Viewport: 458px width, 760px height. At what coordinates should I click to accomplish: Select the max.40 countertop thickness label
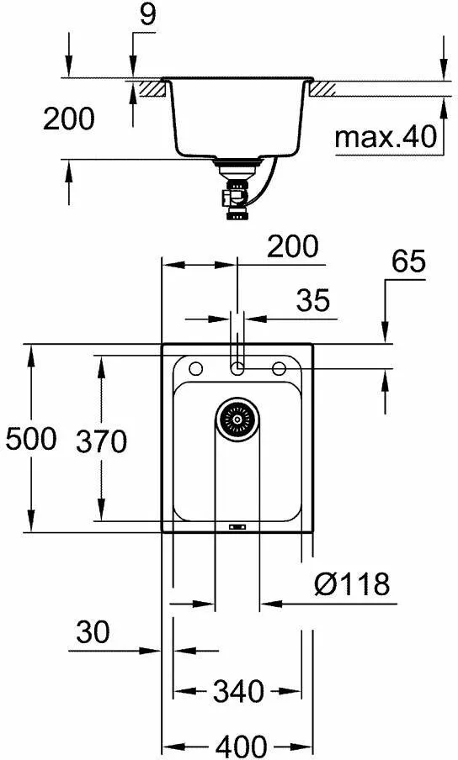pyautogui.click(x=387, y=136)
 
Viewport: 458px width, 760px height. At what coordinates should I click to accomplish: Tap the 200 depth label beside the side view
pyautogui.click(x=69, y=119)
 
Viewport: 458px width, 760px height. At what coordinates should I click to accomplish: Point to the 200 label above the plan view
pyautogui.click(x=293, y=246)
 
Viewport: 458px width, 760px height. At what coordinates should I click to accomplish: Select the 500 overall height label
pyautogui.click(x=29, y=438)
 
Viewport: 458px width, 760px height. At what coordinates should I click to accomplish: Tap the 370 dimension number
pyautogui.click(x=100, y=441)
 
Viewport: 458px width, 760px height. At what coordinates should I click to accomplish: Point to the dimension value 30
pyautogui.click(x=92, y=631)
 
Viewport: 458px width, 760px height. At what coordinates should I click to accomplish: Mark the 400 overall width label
pyautogui.click(x=238, y=745)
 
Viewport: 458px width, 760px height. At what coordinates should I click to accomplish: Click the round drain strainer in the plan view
pyautogui.click(x=237, y=417)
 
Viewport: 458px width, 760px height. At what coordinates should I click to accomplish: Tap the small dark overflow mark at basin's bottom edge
pyautogui.click(x=237, y=527)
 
